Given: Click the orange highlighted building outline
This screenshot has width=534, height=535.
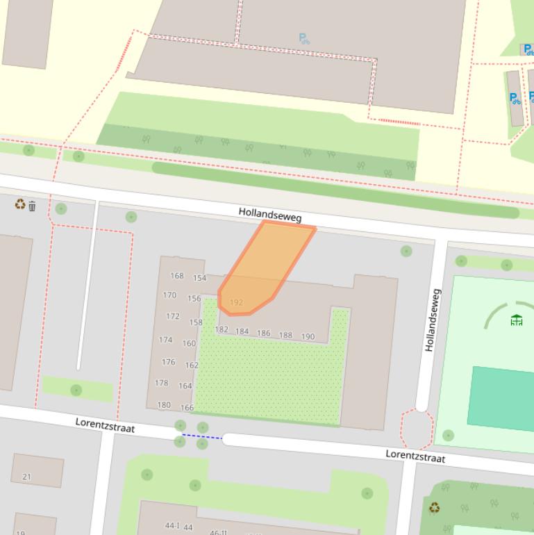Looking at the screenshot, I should [267, 267].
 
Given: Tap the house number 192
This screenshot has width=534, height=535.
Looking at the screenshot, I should [236, 303].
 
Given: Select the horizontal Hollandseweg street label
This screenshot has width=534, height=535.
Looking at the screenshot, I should [270, 214].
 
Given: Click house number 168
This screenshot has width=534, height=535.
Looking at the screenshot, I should [177, 276].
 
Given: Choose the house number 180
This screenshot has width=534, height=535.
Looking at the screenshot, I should [164, 405].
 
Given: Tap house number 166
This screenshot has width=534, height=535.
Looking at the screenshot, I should [187, 408].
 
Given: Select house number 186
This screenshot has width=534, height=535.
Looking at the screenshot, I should [263, 334].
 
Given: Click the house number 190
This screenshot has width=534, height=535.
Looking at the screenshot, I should [308, 337].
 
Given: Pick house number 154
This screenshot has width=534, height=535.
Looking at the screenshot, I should [199, 279].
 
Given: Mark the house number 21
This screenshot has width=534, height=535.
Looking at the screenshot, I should [27, 477].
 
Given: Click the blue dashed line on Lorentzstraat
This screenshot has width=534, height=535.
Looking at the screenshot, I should [202, 437].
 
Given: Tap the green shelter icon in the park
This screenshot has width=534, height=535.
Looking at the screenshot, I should [516, 320].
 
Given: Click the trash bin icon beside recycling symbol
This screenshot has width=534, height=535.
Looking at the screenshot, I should [32, 206].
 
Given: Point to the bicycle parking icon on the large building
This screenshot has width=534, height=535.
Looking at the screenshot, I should [304, 39].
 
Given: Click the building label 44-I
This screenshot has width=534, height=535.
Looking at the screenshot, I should [172, 526].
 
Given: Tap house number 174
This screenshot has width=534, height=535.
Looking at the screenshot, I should [165, 340].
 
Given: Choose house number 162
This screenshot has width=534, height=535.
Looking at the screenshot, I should [192, 365].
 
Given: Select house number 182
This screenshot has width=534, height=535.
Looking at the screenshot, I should [222, 330].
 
